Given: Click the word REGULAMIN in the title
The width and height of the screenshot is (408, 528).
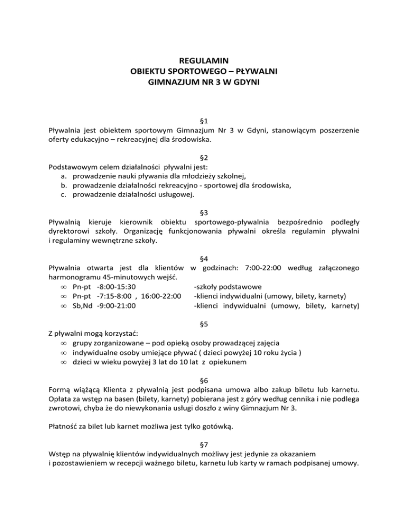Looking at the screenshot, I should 204,60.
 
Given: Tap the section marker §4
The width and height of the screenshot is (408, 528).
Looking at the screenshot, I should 204,259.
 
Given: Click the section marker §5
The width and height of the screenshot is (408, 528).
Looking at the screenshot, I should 204,322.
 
